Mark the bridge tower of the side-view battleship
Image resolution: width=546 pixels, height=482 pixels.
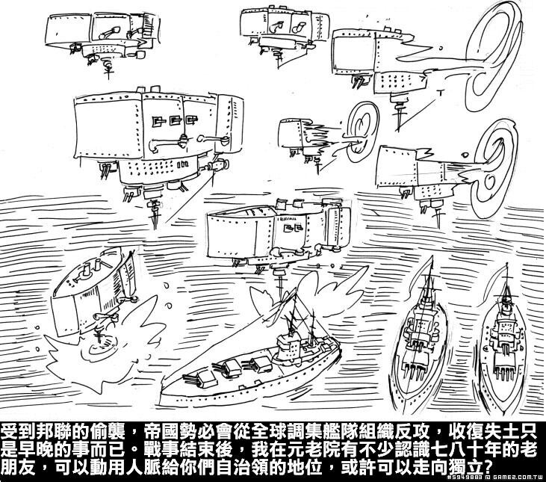click(288, 344)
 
